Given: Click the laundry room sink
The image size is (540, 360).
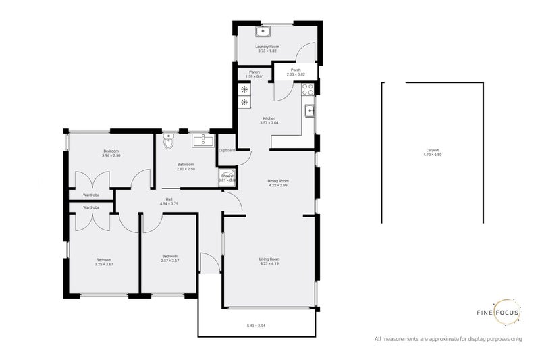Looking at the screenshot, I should pos(261,30).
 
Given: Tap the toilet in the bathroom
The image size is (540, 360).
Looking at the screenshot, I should pos(168,140).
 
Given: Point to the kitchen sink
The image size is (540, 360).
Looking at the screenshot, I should pos(310,111).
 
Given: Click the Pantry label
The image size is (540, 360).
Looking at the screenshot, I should pos(254,72).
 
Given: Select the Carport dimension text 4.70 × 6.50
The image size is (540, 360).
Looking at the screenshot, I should pos(433,155).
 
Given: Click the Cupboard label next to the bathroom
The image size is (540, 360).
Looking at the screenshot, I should pos(226,150).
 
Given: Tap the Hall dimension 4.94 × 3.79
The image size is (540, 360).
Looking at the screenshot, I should pos(169,203).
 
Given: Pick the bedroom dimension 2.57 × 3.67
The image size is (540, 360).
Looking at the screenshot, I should pos(169,261).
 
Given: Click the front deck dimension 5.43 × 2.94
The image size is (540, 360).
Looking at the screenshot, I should pos(256,327).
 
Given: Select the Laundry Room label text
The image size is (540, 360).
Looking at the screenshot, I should pos(269,46).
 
